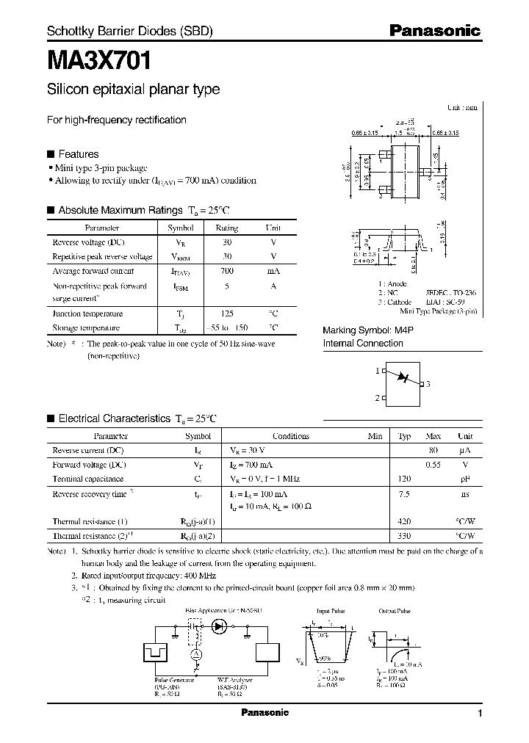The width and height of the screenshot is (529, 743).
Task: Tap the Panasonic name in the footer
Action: [x=265, y=713]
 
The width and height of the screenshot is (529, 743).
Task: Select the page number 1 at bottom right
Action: [x=480, y=714]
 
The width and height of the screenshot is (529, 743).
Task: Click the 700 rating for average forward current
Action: [x=227, y=271]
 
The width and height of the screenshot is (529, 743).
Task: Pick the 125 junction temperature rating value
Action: [x=227, y=313]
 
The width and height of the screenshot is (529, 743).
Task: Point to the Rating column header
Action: [x=227, y=228]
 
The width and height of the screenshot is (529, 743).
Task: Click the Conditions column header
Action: [x=291, y=436]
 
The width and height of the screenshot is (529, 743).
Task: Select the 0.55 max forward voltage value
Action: [x=434, y=465]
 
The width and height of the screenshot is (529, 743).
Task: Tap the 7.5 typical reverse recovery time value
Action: [x=403, y=494]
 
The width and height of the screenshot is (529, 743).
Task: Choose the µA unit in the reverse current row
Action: [x=464, y=450]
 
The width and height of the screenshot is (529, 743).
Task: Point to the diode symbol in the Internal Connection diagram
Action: [x=402, y=377]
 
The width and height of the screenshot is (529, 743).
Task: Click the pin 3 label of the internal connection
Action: [x=428, y=384]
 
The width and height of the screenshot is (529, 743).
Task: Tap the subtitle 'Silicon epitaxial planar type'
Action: [x=133, y=90]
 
